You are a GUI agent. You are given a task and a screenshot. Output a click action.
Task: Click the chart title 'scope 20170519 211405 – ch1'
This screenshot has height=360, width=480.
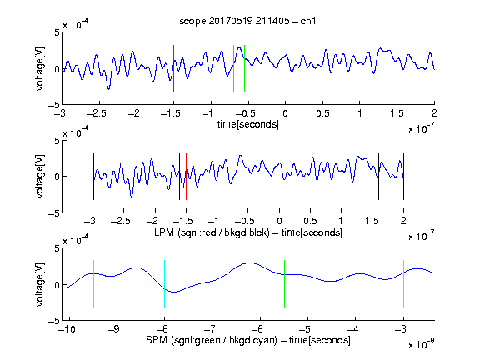coord(247,21)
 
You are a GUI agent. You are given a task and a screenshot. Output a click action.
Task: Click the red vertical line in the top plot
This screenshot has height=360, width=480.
coord(173,68)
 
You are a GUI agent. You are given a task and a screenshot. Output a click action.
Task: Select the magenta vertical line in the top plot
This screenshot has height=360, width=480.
coord(397,68)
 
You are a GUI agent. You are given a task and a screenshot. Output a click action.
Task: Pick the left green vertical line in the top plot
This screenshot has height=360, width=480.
coord(233,68)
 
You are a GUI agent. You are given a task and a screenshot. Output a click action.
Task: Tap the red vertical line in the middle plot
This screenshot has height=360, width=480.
coord(186,177)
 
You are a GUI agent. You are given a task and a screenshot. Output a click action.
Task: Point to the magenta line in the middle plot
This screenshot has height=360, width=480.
coord(372,177)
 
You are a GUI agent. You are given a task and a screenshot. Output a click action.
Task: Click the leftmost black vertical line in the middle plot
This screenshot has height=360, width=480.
coord(93,177)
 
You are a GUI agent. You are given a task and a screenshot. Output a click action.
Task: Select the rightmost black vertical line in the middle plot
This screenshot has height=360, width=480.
coord(403,177)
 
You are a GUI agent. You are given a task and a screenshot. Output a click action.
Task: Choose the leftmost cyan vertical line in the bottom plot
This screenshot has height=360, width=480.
coord(93,284)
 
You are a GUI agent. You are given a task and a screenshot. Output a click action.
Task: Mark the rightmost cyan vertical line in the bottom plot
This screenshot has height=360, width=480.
coord(403,284)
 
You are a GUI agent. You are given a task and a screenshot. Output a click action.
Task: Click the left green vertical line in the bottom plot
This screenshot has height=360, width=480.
coord(212,284)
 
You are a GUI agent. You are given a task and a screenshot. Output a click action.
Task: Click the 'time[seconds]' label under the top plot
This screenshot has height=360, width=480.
coord(248,124)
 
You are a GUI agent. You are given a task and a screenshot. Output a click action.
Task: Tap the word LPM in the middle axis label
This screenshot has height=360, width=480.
coord(164,232)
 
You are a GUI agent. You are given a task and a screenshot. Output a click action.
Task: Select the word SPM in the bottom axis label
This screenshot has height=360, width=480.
coord(157,340)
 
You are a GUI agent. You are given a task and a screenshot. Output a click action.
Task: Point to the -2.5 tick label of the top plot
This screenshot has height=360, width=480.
coord(96,113)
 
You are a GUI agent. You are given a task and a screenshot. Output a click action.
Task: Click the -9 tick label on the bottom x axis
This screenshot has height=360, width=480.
coord(114,329)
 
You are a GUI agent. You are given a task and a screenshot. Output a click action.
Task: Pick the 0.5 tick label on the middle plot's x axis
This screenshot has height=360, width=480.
coord(310,221)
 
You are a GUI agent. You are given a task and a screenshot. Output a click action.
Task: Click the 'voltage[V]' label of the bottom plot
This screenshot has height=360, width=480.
coord(40,284)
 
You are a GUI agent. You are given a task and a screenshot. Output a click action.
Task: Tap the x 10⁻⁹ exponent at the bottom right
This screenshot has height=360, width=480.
coord(421,343)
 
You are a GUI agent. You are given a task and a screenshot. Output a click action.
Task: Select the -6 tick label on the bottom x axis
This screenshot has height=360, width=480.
coord(257,329)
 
